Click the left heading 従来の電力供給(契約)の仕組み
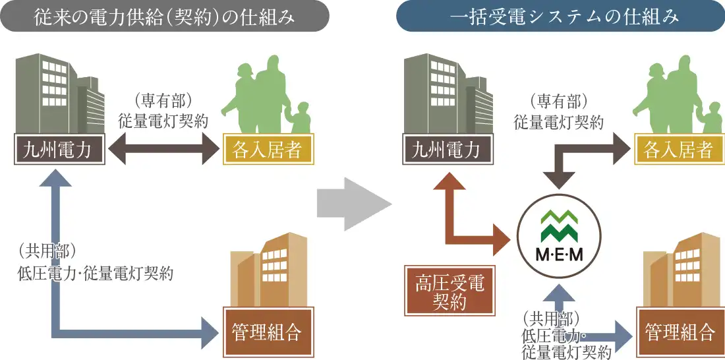tap(164, 16)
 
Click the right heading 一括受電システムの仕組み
tap(560, 16)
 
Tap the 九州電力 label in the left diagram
tap(60, 150)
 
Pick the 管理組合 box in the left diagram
tap(267, 331)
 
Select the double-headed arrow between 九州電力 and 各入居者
tap(163, 151)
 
